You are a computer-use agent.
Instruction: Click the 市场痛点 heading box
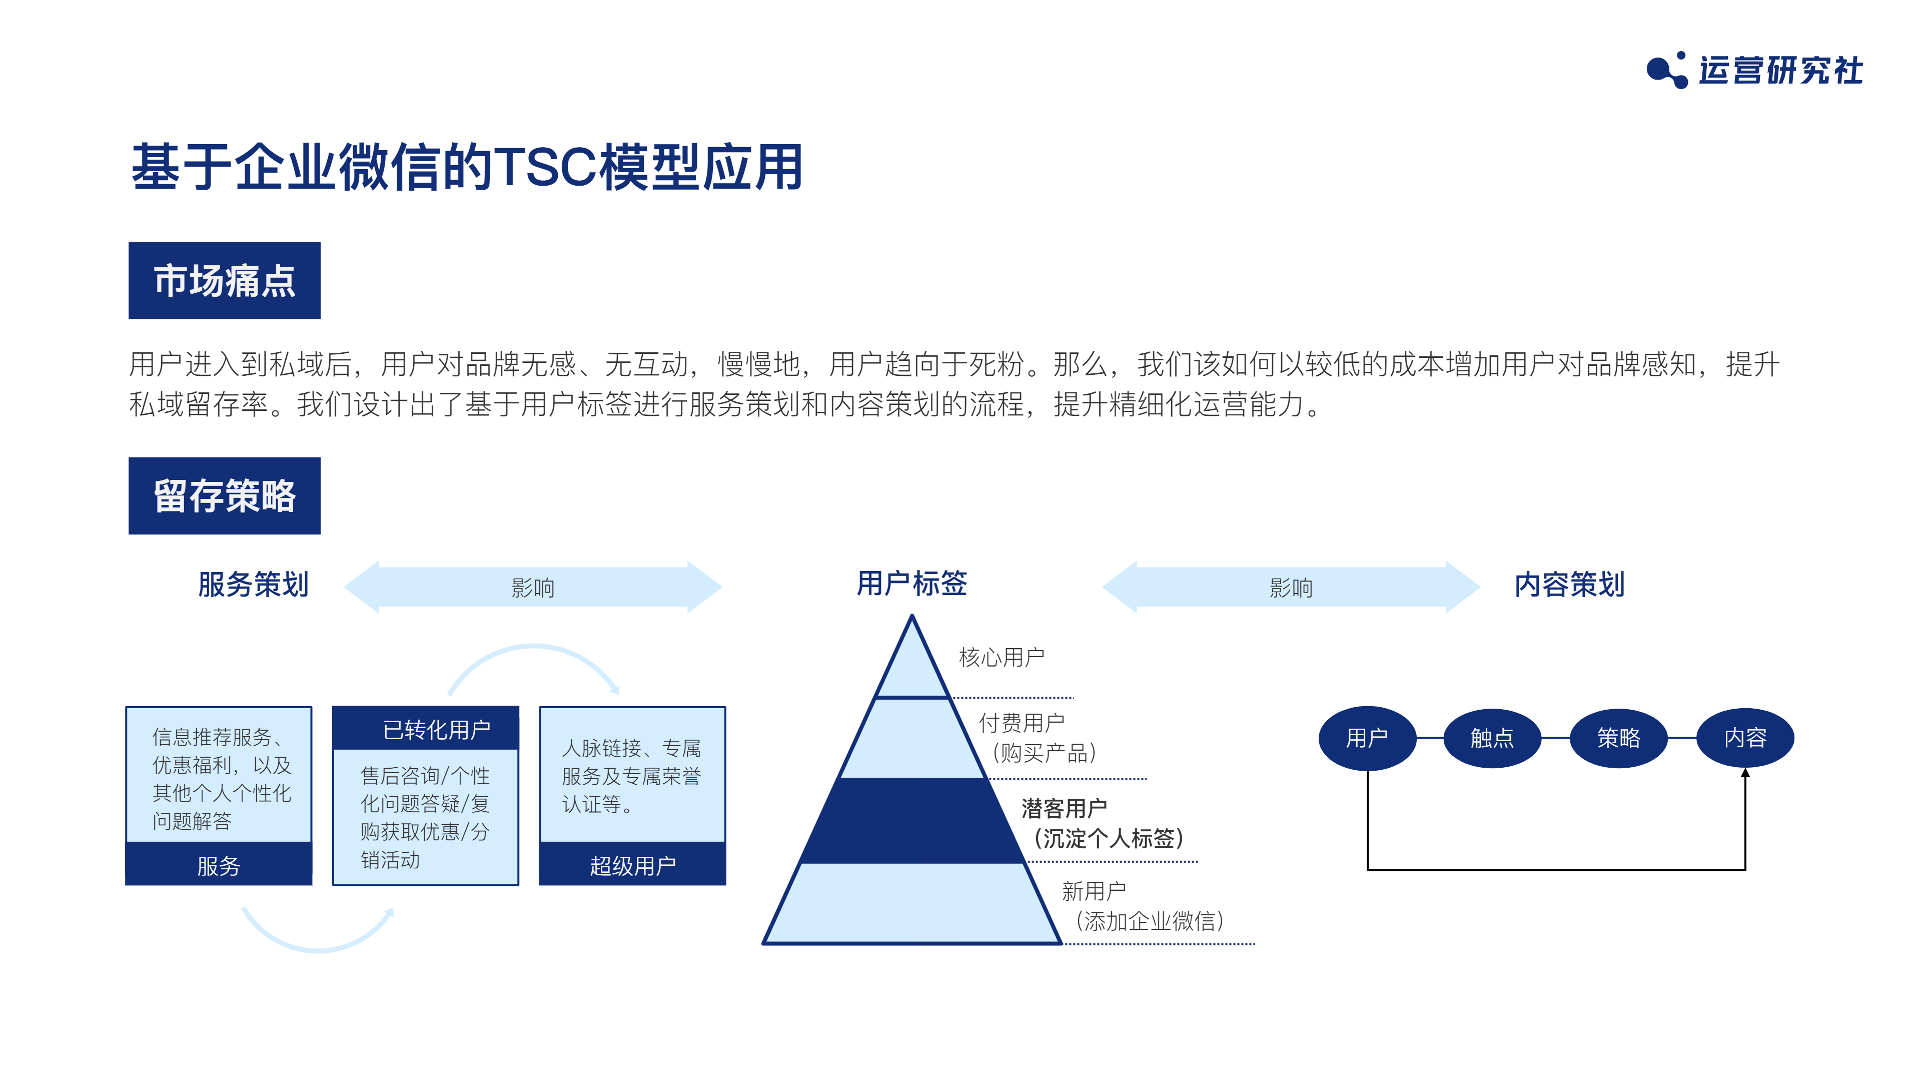[x=225, y=280]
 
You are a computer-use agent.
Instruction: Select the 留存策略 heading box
[x=225, y=496]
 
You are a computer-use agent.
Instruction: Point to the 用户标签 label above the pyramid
[x=911, y=583]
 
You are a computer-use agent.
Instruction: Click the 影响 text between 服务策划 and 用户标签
[x=532, y=588]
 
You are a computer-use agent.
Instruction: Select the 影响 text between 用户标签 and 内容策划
[x=1291, y=588]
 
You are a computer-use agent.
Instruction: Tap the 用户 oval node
[x=1367, y=738]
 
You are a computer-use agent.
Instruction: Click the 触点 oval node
[x=1492, y=738]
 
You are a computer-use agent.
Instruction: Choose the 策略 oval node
[x=1618, y=738]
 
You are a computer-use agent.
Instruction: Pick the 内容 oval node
[x=1745, y=738]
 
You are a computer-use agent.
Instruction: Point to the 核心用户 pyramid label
[x=1002, y=657]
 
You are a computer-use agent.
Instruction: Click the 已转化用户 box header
[x=426, y=728]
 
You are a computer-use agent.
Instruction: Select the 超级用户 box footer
[x=632, y=865]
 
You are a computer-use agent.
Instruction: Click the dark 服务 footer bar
[x=219, y=865]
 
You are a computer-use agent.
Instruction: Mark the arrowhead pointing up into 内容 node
[x=1745, y=774]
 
